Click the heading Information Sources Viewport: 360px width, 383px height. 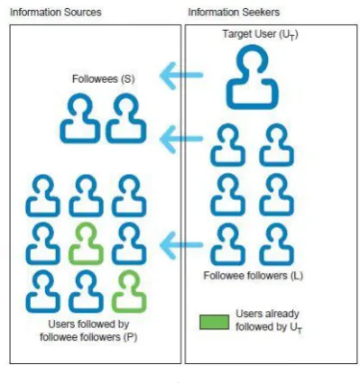click(56, 13)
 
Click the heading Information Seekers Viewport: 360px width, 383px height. click(234, 13)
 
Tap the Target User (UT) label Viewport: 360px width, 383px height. click(260, 34)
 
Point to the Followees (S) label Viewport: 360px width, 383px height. click(103, 79)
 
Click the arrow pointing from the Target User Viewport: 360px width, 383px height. click(181, 76)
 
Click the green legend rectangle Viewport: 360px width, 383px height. click(214, 322)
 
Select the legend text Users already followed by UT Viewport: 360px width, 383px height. click(269, 321)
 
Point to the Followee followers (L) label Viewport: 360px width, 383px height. click(253, 276)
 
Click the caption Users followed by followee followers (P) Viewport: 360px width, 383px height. click(88, 331)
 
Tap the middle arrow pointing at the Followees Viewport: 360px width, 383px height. click(181, 139)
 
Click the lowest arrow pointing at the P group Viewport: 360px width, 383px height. click(181, 245)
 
